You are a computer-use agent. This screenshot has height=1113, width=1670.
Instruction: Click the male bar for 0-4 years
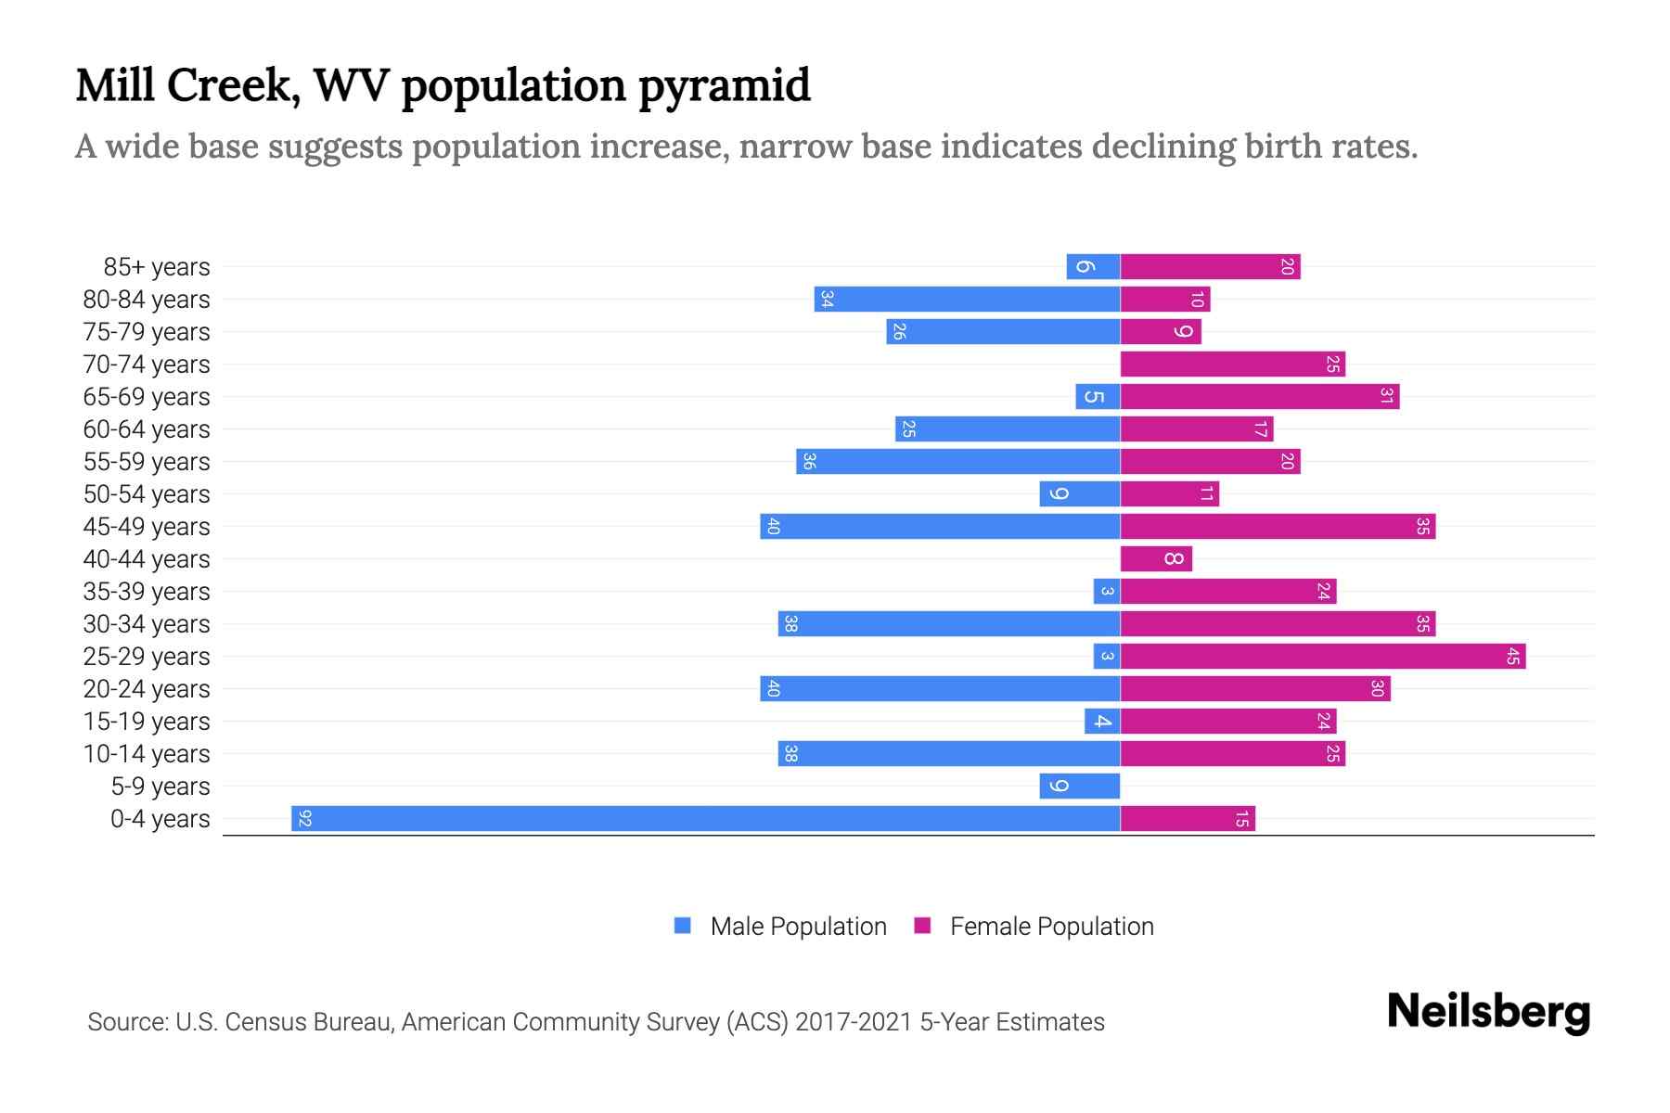click(705, 818)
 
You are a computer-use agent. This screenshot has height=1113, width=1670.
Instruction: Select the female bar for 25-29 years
click(1322, 657)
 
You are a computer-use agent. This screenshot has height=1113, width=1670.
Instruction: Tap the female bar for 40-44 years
click(1155, 558)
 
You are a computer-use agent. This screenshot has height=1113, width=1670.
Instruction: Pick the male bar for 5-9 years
click(1079, 786)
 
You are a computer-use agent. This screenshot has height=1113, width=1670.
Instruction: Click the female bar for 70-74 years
click(1232, 364)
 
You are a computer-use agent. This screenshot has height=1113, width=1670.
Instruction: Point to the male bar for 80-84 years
click(967, 299)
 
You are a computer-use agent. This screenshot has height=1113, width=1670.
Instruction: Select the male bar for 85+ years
click(1093, 266)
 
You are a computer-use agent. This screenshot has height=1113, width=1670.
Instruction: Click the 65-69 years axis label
click(147, 397)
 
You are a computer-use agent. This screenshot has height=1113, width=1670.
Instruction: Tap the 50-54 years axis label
click(147, 494)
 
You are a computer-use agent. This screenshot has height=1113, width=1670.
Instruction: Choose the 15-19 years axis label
click(147, 722)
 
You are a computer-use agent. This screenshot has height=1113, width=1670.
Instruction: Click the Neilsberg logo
click(1488, 1012)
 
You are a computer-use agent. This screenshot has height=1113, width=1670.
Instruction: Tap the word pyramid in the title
click(724, 86)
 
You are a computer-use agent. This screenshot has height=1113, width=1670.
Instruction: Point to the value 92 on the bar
click(304, 818)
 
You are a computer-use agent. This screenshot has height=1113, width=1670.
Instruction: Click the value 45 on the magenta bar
click(1512, 657)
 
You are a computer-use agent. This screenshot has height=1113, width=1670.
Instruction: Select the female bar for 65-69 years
click(1259, 396)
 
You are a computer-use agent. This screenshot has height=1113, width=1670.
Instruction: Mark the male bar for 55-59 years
click(957, 461)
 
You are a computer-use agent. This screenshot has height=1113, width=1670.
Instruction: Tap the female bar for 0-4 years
click(1188, 818)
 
